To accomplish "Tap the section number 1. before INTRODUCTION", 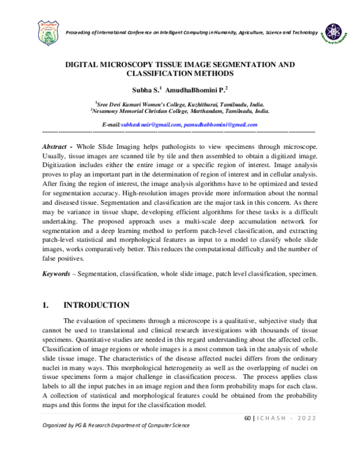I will click(x=46, y=305).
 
